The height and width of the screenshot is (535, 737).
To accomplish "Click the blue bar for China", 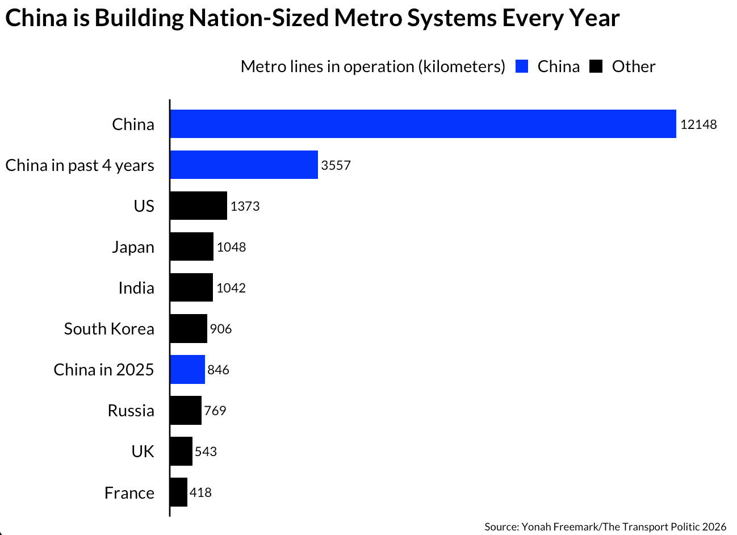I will pos(423,124).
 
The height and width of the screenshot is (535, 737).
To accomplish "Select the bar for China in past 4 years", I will pos(244,165).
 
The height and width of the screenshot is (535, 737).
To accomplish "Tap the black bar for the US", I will pos(198,206).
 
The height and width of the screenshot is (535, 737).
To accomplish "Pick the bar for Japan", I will pos(191,246).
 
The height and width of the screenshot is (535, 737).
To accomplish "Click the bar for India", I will pos(191,287).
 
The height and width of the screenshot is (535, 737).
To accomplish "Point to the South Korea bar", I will pos(189,328).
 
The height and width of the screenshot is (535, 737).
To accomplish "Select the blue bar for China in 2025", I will pos(187,369).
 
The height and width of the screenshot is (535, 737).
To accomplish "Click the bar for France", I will pos(178,492).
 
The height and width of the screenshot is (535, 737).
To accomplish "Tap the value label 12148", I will pos(698,124).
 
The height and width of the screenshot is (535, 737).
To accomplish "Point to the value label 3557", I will pos(336,165).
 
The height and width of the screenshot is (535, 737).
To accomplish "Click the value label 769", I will pos(215,411).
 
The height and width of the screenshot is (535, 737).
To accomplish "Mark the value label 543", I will pos(206,452).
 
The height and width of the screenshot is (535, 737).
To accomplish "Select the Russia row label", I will pos(131,411).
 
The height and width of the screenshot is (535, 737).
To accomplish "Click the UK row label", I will pos(143,452).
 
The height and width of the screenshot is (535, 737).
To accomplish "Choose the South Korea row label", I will pos(109,329).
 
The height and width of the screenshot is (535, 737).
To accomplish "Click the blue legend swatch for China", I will pos(522,66).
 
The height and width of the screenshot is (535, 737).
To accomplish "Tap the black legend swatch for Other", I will pos(596,66).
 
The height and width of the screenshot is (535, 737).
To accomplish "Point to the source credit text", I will pos(605,526).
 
